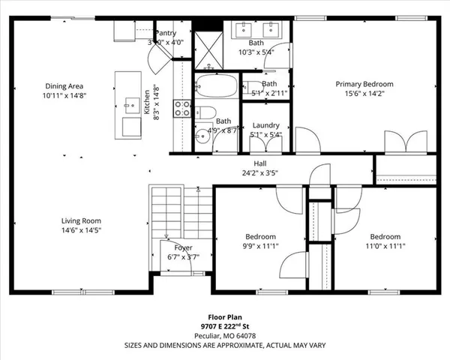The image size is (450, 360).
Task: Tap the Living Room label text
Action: pyautogui.click(x=81, y=220)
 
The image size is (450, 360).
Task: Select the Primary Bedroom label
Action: pyautogui.click(x=364, y=84)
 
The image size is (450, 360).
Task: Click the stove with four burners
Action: pyautogui.click(x=182, y=108)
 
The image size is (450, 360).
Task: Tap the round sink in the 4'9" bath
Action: pyautogui.click(x=201, y=137)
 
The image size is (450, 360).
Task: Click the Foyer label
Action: pyautogui.click(x=184, y=247)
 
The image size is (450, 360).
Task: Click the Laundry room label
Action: pyautogui.click(x=265, y=125)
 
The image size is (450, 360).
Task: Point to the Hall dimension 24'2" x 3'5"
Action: pyautogui.click(x=260, y=172)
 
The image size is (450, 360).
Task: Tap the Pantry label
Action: pyautogui.click(x=165, y=33)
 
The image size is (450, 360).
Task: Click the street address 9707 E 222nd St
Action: pyautogui.click(x=224, y=326)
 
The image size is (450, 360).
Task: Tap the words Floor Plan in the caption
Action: pyautogui.click(x=224, y=317)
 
